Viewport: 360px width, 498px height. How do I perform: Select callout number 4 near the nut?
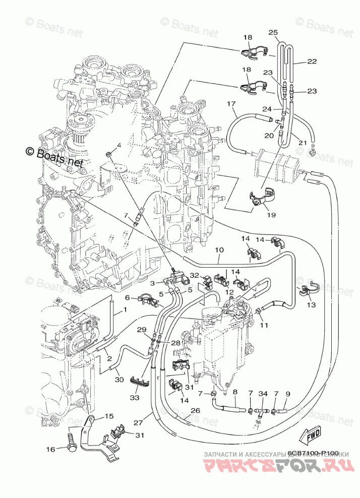[x=119, y=146]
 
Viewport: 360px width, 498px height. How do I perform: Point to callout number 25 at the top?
[x=273, y=33]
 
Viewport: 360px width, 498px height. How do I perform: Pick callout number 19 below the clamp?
[x=271, y=215]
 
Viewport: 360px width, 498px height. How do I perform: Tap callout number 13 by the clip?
[x=311, y=305]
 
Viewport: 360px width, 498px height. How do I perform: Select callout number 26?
[x=196, y=410]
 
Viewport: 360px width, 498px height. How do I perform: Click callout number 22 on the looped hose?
[x=312, y=61]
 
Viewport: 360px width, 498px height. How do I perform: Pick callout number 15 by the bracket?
[x=108, y=416]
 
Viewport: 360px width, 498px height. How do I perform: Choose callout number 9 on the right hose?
[x=288, y=394]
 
